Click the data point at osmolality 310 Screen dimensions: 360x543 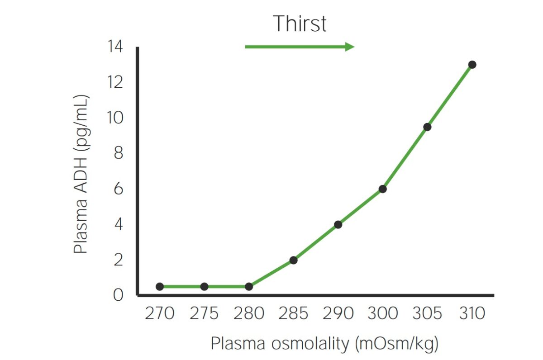tap(472, 65)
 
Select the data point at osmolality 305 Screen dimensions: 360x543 tap(427, 127)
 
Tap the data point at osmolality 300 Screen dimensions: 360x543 tap(382, 189)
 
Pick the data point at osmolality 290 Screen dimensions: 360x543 tap(338, 224)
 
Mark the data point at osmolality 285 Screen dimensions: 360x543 tap(293, 260)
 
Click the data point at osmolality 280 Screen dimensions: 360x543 tap(248, 286)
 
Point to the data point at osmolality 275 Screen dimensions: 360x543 tap(204, 286)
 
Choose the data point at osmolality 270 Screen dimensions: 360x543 tap(159, 286)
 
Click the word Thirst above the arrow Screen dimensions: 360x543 tap(300, 24)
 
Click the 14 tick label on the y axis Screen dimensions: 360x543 tap(115, 47)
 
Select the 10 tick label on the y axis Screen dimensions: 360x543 tap(115, 118)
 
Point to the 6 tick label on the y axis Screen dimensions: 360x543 tap(119, 189)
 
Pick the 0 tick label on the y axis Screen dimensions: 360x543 tap(119, 295)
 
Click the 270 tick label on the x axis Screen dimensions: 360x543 tap(159, 313)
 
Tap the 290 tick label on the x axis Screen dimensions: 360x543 tap(338, 313)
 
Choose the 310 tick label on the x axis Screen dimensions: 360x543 tap(472, 313)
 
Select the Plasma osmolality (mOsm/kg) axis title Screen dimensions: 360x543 tap(324, 344)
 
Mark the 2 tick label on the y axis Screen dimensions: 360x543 tap(119, 260)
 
